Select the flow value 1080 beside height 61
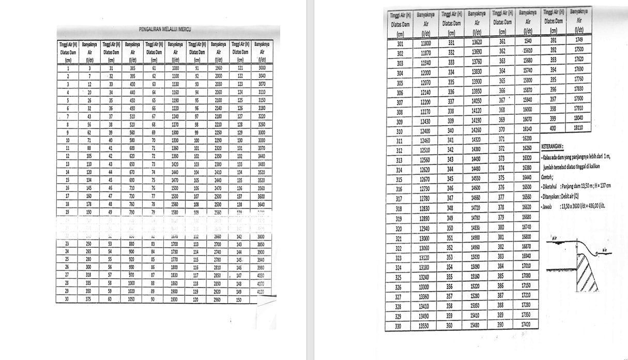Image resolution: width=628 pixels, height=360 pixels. [176, 68]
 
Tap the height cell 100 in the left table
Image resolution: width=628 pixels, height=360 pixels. [196, 140]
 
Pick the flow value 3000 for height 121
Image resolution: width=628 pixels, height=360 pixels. [262, 68]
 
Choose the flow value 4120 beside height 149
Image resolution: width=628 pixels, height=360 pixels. [262, 291]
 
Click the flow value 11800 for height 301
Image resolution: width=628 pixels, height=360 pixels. [426, 43]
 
